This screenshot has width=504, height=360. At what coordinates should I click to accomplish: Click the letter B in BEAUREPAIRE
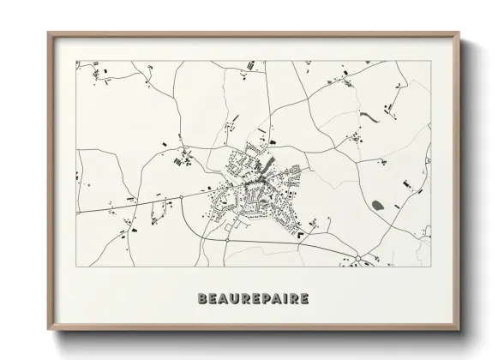tap(202, 299)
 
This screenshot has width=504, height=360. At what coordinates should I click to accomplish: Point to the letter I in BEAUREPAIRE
tap(284, 299)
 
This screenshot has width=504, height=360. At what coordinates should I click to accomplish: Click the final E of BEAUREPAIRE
tap(304, 299)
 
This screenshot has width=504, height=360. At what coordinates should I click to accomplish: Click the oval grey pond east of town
tap(378, 204)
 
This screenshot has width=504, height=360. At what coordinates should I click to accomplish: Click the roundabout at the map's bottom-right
tap(357, 258)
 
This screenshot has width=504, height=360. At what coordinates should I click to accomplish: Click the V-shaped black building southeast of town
tap(302, 245)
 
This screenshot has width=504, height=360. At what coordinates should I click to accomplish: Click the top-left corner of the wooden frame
tap(48, 33)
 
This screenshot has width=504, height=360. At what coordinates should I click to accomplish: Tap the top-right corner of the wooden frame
tap(460, 33)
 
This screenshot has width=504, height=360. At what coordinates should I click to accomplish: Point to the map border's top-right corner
tap(431, 61)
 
